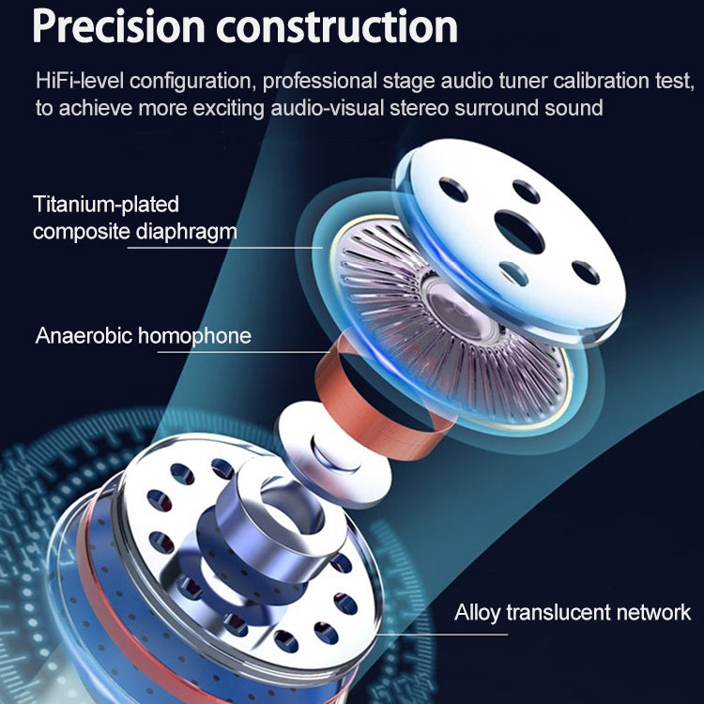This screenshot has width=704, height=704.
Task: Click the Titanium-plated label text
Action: (106, 204)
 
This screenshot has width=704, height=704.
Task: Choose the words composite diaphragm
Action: (134, 231)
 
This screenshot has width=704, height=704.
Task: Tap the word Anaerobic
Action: (84, 335)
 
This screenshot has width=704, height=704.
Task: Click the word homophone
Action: (194, 335)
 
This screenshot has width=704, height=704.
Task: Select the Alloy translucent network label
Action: (573, 613)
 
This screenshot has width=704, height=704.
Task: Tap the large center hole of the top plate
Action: (522, 228)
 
